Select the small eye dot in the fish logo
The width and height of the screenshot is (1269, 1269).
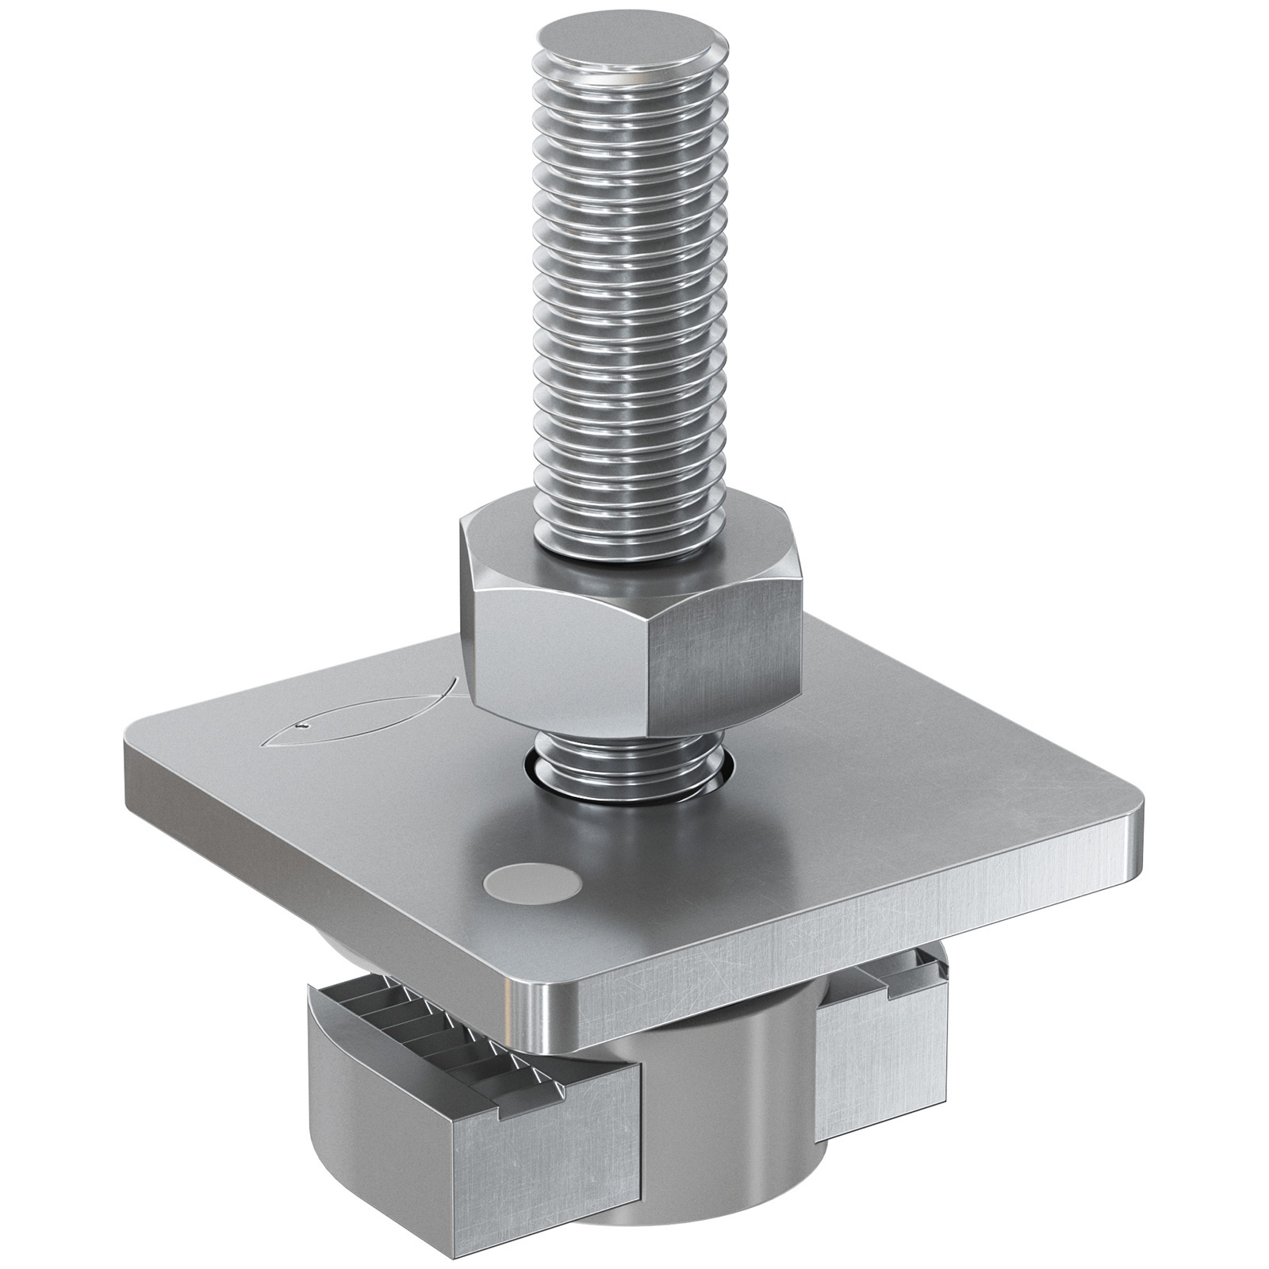pyautogui.click(x=301, y=725)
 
